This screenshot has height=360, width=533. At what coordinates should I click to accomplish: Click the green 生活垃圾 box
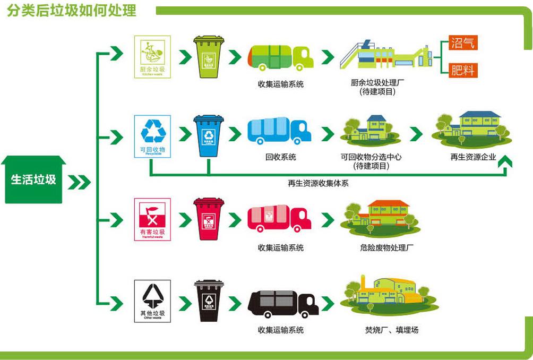(33, 180)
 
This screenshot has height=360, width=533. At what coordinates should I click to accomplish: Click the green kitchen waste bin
(209, 56)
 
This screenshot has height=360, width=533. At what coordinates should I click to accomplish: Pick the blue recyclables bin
(209, 135)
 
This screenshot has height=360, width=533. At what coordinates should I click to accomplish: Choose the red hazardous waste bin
(209, 219)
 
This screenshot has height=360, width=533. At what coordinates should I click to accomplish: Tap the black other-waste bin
(209, 301)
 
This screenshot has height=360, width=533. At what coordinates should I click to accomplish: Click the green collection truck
(280, 57)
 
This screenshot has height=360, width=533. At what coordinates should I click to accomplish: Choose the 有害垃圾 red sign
(152, 219)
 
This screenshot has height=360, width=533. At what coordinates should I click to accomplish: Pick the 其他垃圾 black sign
(152, 301)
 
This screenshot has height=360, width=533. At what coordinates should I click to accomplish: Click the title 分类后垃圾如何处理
(72, 10)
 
